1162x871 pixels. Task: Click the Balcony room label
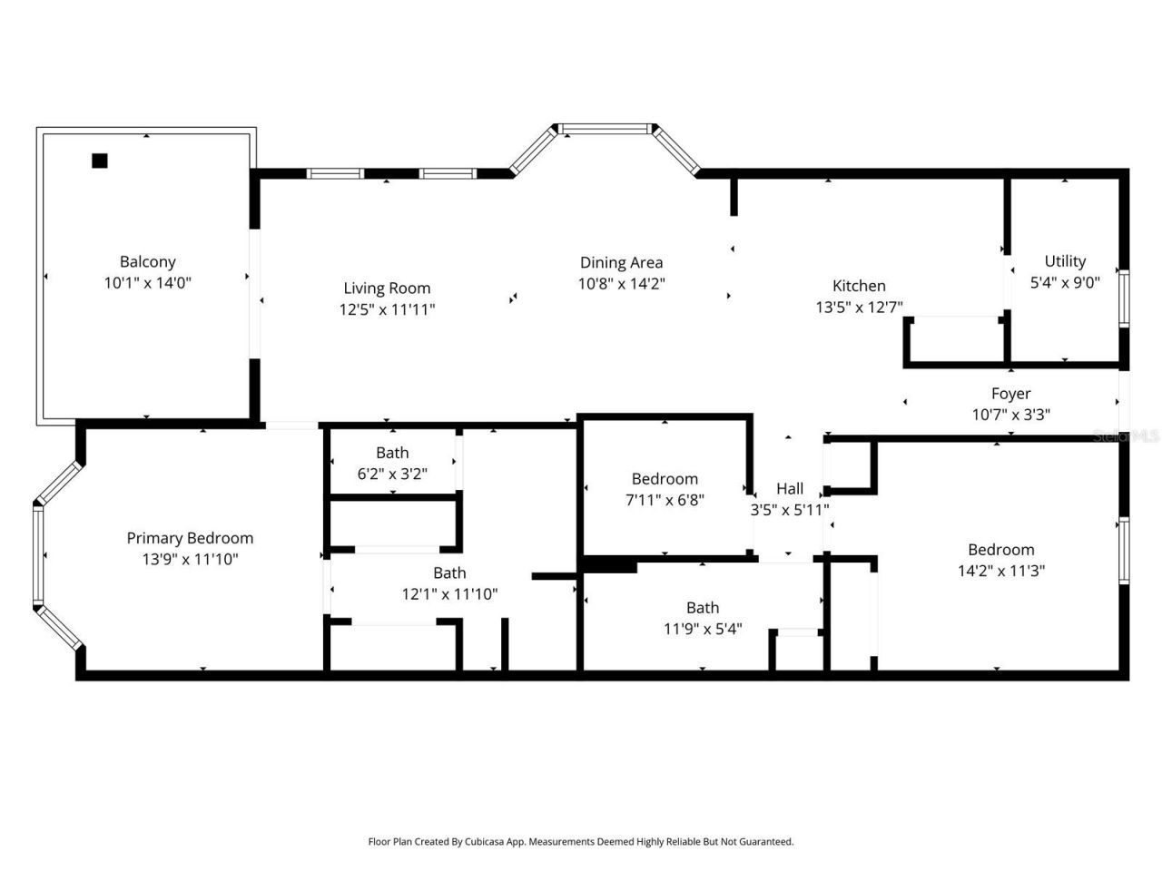tap(147, 262)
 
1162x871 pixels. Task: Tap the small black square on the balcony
tap(100, 161)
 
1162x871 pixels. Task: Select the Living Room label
tap(387, 289)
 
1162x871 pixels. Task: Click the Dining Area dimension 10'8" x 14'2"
tap(622, 283)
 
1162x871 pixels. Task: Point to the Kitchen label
tap(859, 286)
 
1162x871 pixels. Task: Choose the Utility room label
tap(1065, 261)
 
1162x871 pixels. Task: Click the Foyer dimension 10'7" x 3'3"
tap(1010, 415)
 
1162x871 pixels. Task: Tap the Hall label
tap(790, 489)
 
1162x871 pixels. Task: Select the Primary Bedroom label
tap(190, 538)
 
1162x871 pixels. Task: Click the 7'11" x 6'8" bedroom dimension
tap(665, 500)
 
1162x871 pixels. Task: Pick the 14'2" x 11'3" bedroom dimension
tap(1000, 571)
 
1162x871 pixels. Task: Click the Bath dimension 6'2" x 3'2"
tap(392, 473)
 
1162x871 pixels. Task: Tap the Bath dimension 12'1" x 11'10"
tap(449, 594)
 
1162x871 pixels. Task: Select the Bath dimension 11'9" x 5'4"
tap(703, 629)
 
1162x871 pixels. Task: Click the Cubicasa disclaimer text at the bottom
tap(581, 842)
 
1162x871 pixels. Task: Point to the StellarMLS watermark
tap(1126, 436)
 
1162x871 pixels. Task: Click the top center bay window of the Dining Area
tap(606, 129)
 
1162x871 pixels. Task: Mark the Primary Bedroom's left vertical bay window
tap(38, 554)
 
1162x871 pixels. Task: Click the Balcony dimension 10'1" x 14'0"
tap(147, 283)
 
